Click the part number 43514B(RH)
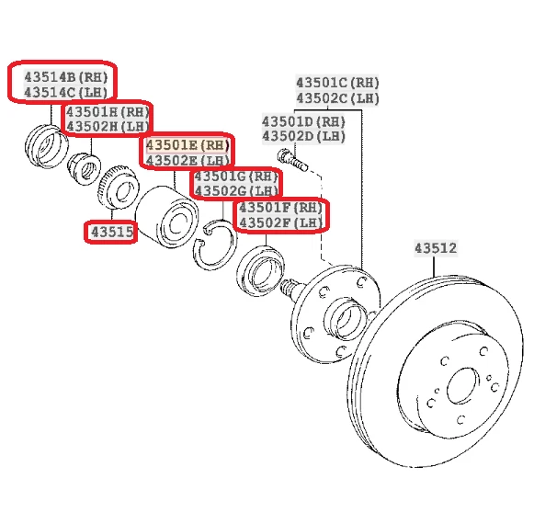pyautogui.click(x=65, y=74)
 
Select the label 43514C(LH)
pyautogui.click(x=65, y=92)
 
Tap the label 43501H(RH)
pyautogui.click(x=108, y=111)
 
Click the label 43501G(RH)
pyautogui.click(x=235, y=176)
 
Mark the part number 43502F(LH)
pyautogui.click(x=280, y=223)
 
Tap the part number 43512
pyautogui.click(x=435, y=247)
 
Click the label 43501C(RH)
pyautogui.click(x=337, y=82)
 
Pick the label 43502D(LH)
pyautogui.click(x=303, y=137)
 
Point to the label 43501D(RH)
pyautogui.click(x=303, y=120)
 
